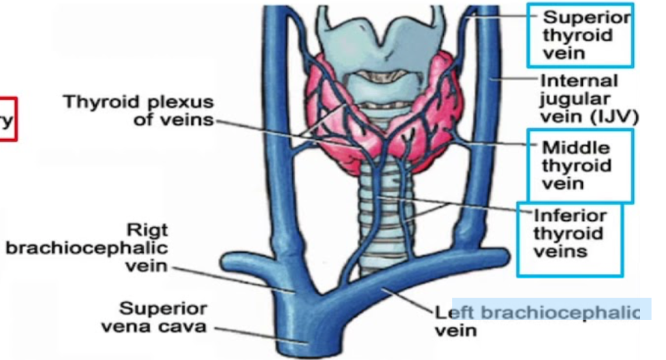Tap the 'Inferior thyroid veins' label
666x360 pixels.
click(569, 234)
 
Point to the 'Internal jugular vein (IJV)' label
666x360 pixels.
click(588, 98)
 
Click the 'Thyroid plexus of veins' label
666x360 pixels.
click(138, 111)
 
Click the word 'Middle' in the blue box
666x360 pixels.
click(576, 147)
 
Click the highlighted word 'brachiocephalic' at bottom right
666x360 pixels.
click(559, 312)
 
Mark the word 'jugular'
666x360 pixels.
click(566, 99)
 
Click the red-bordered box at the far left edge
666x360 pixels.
click(8, 119)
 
